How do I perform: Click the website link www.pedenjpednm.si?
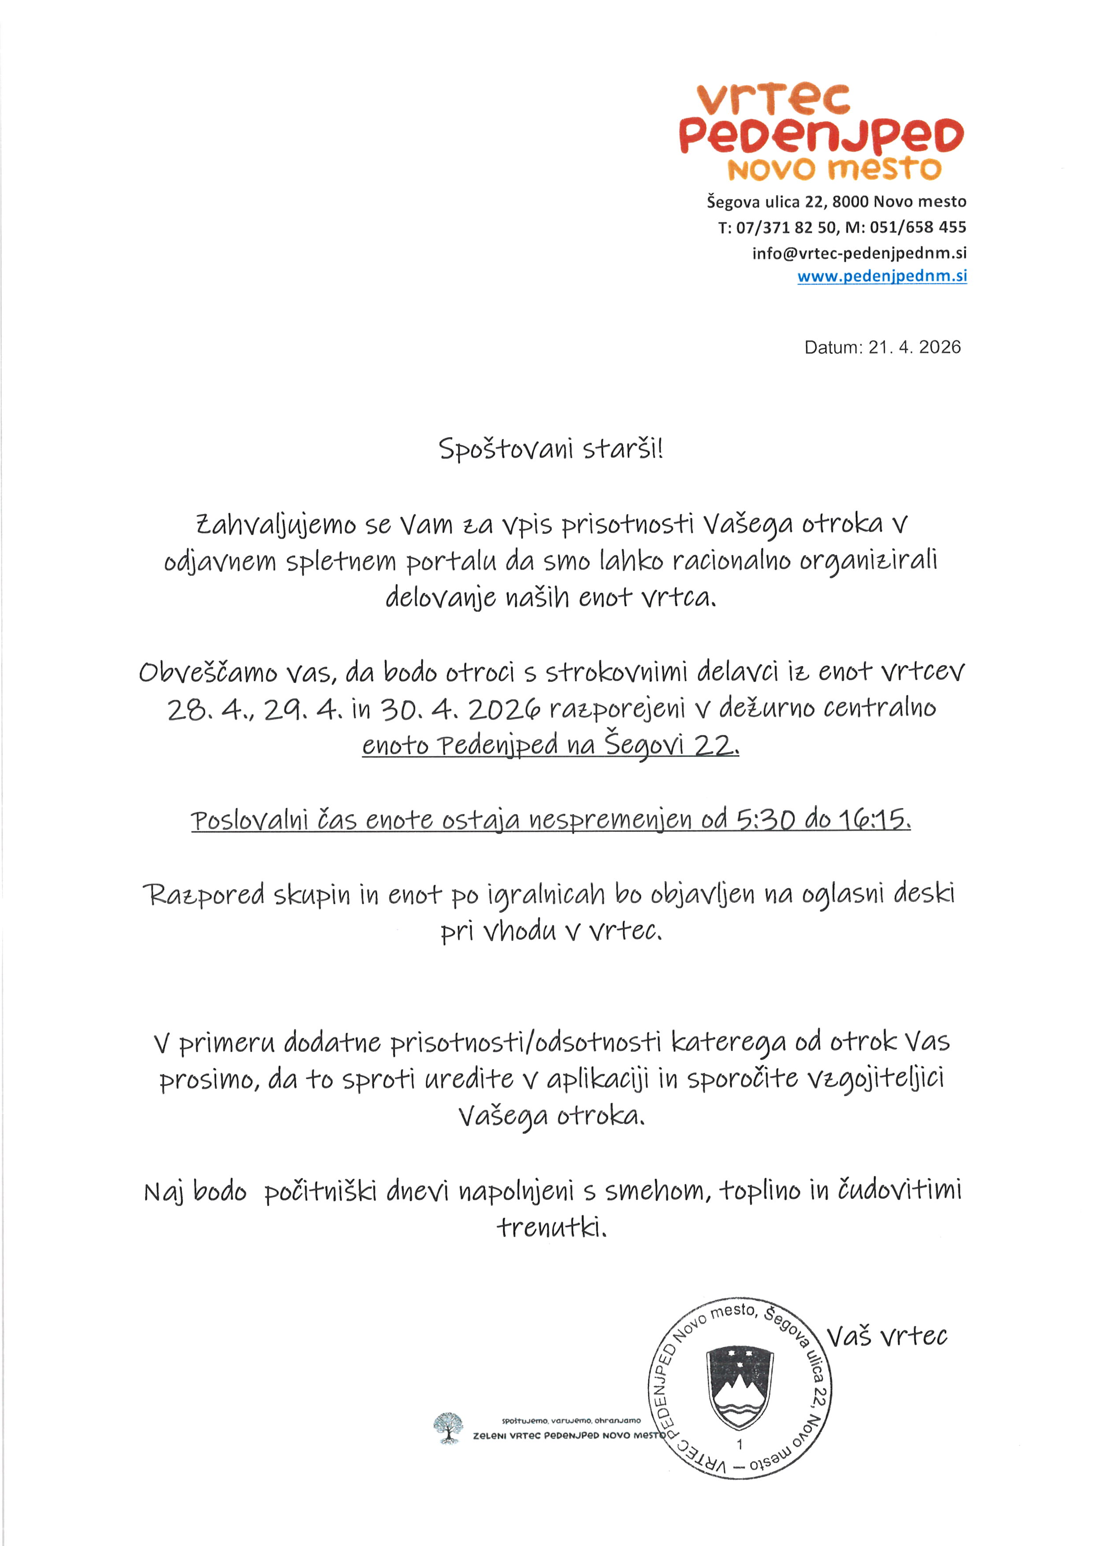point(881,276)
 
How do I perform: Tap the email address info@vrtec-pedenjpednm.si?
point(859,253)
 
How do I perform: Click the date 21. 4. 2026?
point(914,347)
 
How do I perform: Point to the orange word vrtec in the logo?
point(774,100)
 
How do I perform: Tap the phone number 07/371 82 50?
point(787,227)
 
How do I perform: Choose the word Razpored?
point(203,895)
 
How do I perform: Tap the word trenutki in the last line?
point(551,1227)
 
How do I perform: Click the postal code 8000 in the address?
point(850,202)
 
